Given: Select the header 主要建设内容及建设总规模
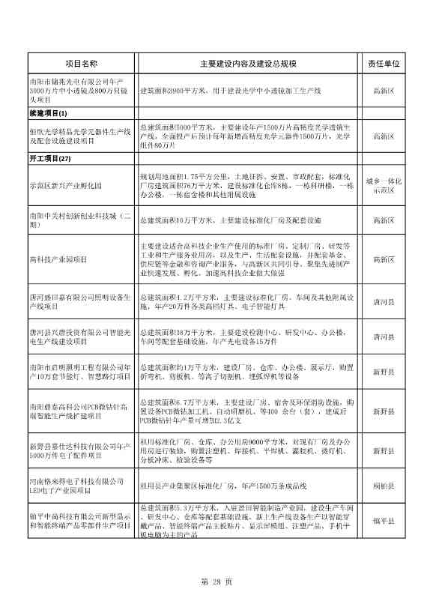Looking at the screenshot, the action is [x=248, y=65].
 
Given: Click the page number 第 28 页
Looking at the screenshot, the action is [x=216, y=582].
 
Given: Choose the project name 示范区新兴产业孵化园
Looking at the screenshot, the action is [x=64, y=184].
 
